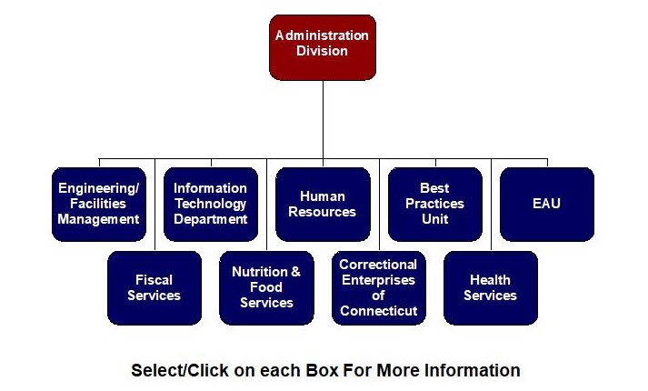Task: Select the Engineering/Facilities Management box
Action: [x=98, y=204]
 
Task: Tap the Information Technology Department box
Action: [x=210, y=204]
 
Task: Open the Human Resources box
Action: [x=323, y=204]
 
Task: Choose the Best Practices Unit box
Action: [x=434, y=204]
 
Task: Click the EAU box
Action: [x=546, y=204]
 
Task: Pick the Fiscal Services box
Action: [x=154, y=287]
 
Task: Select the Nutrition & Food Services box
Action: [x=266, y=287]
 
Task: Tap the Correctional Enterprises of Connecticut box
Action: [x=378, y=287]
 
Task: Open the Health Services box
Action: [x=490, y=287]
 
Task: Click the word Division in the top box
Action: [x=323, y=51]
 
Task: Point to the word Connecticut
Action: [x=378, y=311]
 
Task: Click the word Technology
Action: [x=210, y=204]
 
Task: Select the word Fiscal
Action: [x=154, y=280]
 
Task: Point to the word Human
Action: [x=323, y=196]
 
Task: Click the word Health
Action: [x=490, y=280]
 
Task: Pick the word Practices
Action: [x=434, y=204]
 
